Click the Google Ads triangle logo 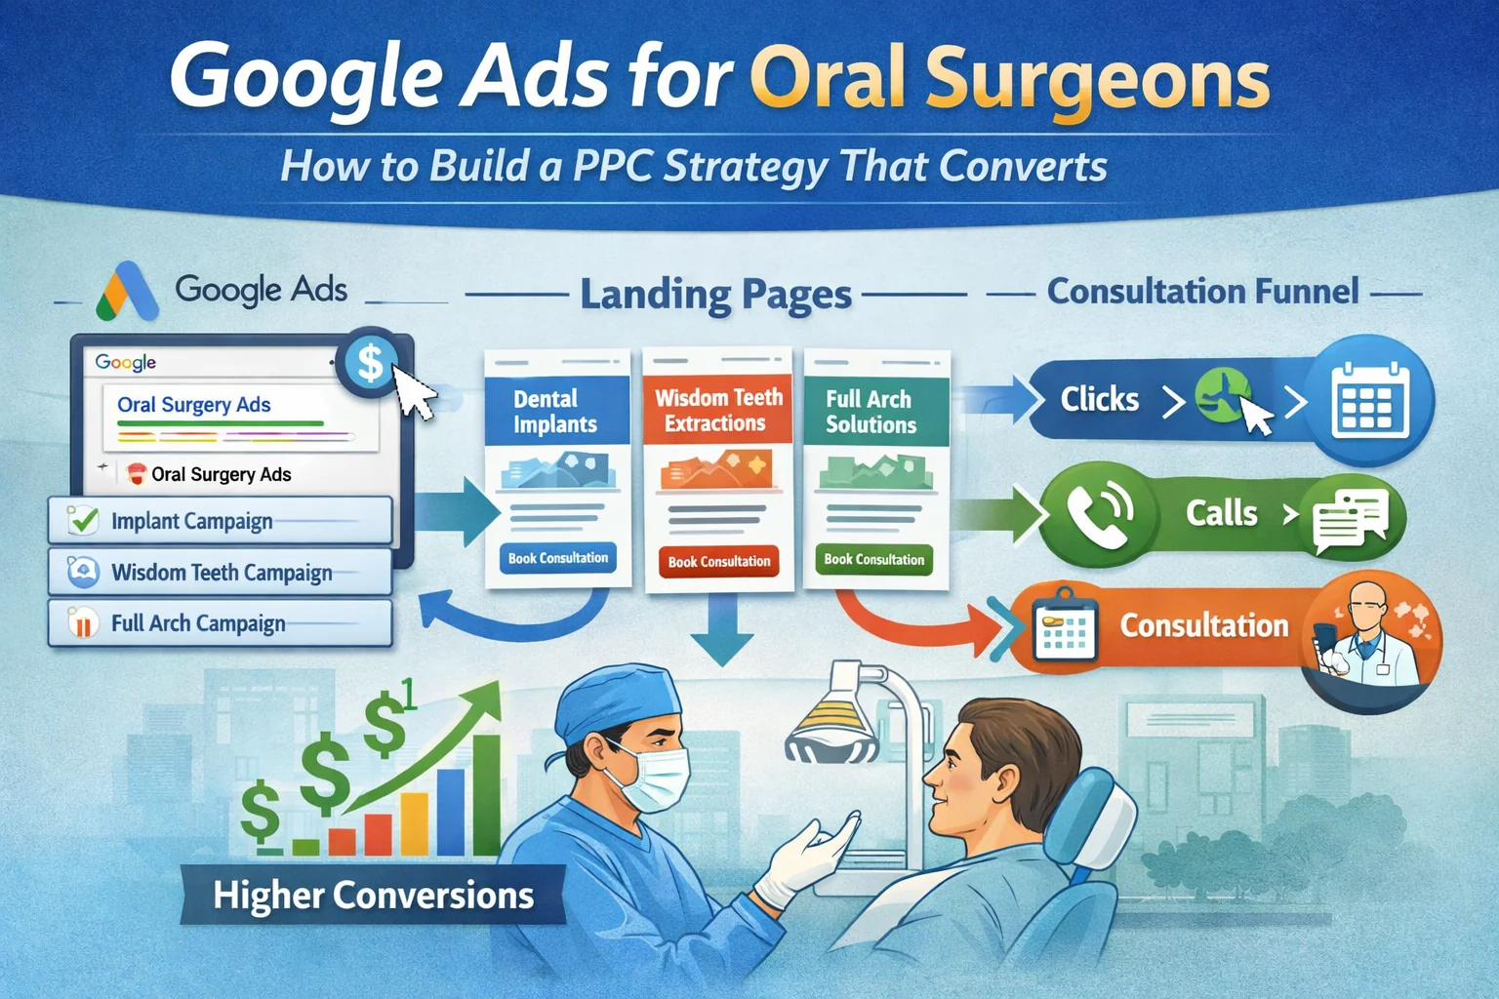[128, 292]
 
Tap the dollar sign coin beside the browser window [370, 363]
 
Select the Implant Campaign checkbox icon [84, 520]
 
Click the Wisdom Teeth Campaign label [222, 573]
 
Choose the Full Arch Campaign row [220, 622]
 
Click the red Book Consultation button [719, 561]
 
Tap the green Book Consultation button [873, 559]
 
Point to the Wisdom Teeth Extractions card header [718, 410]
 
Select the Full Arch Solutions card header [871, 411]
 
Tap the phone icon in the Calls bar [1099, 510]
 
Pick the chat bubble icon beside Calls [1351, 518]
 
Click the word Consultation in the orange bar [1203, 625]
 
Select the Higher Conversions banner [373, 895]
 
